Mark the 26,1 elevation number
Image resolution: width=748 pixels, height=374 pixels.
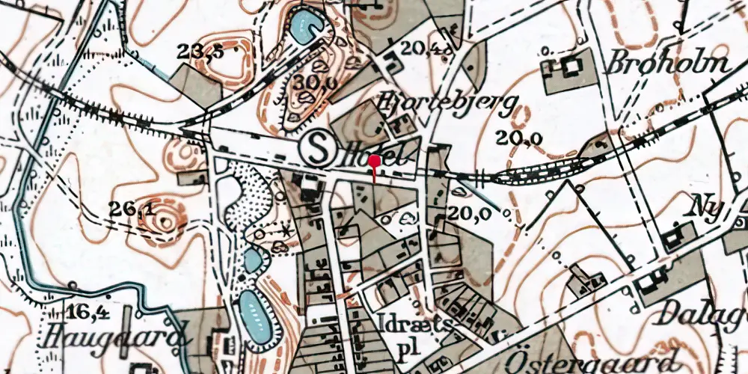[131, 210]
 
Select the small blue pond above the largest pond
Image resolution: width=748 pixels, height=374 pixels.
[254, 260]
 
